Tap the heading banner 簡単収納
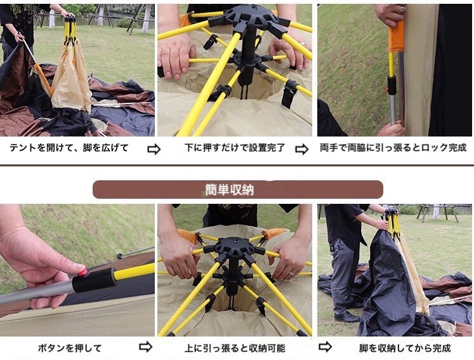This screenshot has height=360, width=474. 237,189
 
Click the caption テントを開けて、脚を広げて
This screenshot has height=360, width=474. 69,148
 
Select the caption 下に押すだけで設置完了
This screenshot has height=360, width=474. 235,148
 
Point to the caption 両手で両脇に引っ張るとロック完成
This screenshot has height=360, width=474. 393,148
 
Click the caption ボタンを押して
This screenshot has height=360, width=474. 70,348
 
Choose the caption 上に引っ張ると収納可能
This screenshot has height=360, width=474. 235,348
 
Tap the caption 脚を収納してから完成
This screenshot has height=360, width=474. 405,348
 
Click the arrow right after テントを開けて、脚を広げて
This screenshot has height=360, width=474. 154,149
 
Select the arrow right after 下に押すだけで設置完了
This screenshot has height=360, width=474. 301,149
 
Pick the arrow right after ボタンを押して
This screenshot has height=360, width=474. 145,347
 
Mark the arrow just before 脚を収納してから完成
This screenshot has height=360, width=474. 325,347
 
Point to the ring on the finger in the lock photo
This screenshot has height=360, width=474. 401,10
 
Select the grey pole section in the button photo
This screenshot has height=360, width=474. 36,293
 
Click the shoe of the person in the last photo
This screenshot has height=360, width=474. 346,317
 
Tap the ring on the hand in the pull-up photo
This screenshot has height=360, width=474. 293,274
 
